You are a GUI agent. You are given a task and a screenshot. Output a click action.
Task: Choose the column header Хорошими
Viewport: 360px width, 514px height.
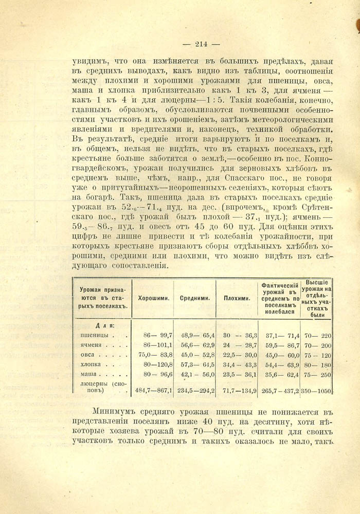click(x=154, y=298)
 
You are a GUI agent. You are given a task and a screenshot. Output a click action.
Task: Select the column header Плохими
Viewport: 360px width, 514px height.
click(x=237, y=298)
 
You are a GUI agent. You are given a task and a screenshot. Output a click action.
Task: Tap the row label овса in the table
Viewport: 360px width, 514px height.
click(x=90, y=355)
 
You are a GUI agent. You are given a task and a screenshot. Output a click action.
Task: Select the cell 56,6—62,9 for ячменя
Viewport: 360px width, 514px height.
click(x=197, y=345)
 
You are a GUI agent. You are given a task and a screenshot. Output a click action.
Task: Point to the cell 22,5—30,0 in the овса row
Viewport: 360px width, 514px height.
click(x=240, y=355)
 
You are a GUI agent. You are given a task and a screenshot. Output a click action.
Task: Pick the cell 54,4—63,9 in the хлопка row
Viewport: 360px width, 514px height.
click(x=280, y=365)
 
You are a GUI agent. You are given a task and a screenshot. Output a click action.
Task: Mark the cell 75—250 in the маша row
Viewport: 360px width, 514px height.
click(x=317, y=375)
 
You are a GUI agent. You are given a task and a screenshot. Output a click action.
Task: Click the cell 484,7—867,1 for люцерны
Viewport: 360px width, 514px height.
click(x=153, y=391)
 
